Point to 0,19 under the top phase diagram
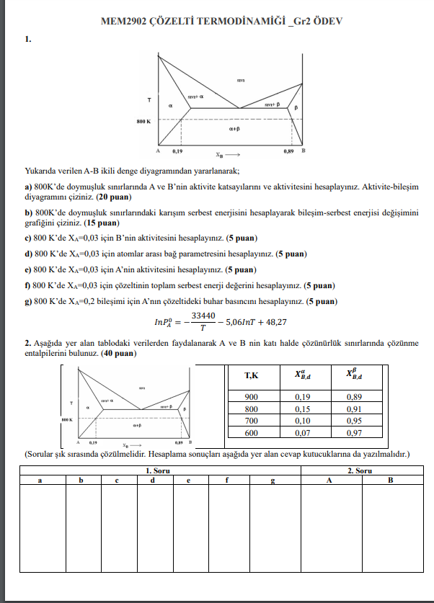pos(177,152)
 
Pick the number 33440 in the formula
pos(203,315)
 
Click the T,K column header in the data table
pos(252,375)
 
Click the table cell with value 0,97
pos(354,432)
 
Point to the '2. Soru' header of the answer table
pos(359,470)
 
